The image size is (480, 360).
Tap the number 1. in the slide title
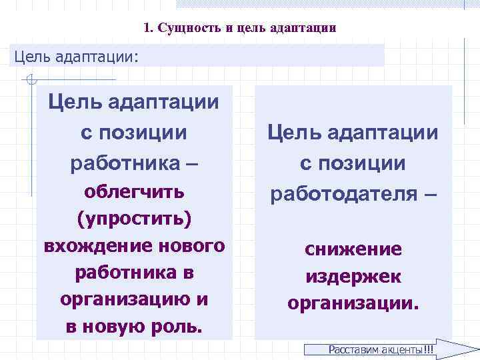pos(148,29)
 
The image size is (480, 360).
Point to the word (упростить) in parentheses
pos(134,219)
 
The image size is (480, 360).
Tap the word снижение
pos(353,249)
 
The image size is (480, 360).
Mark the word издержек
pos(353,276)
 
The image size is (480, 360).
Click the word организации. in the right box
pos(353,303)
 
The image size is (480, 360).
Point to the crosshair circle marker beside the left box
pos(29,81)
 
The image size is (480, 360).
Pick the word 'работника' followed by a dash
pos(124,163)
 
